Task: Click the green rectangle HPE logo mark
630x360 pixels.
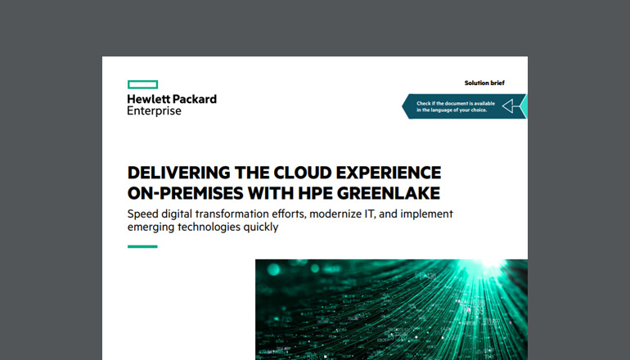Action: [142, 83]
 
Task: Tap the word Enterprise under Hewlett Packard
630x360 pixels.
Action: [154, 110]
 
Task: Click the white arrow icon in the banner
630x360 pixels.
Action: [512, 106]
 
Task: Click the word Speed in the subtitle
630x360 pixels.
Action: [145, 214]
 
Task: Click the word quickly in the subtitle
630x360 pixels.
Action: [259, 228]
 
